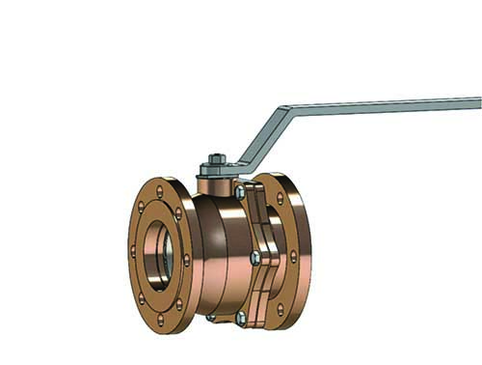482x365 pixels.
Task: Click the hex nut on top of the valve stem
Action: pyautogui.click(x=216, y=159)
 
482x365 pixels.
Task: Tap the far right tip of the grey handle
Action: pyautogui.click(x=478, y=102)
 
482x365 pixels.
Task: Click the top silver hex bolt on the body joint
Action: pyautogui.click(x=240, y=192)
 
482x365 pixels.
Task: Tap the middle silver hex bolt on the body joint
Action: pyautogui.click(x=254, y=257)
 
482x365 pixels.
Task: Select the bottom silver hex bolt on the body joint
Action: pyautogui.click(x=240, y=317)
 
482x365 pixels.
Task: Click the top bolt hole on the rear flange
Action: pyautogui.click(x=281, y=198)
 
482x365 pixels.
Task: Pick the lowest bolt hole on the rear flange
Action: pyautogui.click(x=281, y=310)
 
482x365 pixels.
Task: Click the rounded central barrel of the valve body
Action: pyautogui.click(x=222, y=253)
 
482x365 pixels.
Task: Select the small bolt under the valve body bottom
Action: pyautogui.click(x=210, y=317)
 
